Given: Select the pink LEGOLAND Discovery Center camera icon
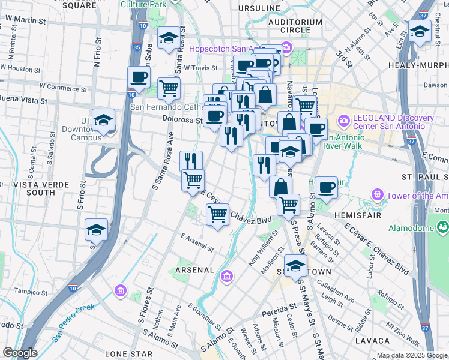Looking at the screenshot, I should click(344, 121).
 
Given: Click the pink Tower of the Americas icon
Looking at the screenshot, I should click(378, 194).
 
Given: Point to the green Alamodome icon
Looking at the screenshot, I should click(443, 227).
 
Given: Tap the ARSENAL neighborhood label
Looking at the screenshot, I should click(194, 271).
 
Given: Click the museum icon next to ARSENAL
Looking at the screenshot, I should click(227, 276).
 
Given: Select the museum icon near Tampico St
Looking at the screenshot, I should click(120, 291).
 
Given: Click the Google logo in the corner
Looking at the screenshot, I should click(20, 353).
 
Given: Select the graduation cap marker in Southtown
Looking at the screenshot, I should click(295, 266).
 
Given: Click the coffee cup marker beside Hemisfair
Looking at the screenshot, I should click(326, 187).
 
